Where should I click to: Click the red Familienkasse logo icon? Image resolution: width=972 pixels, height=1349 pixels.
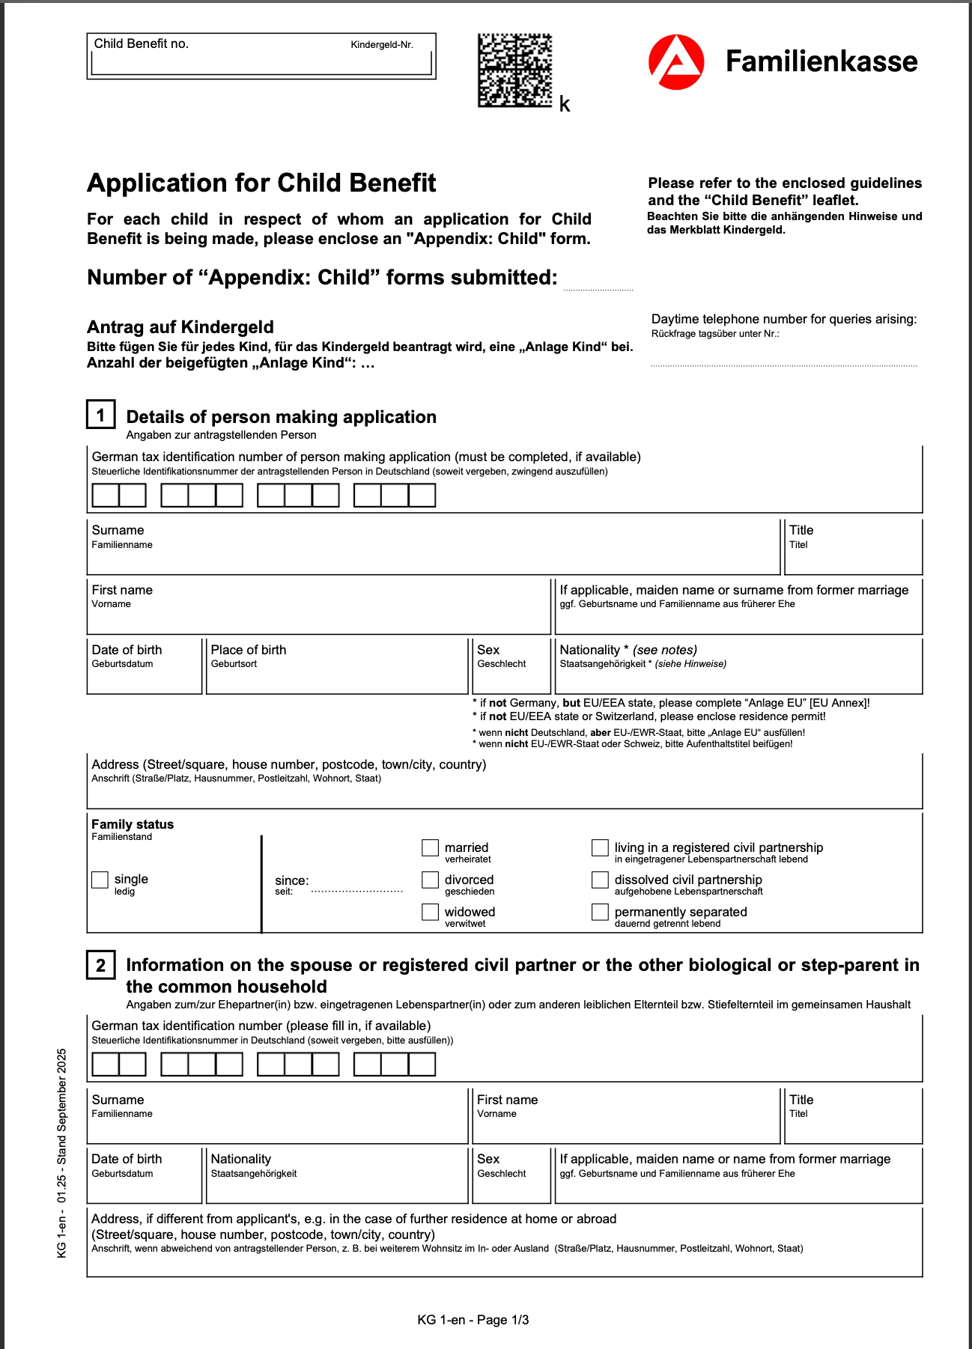675,62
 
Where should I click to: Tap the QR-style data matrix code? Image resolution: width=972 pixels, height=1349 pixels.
515,70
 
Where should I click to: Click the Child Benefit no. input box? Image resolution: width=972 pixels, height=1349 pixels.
261,64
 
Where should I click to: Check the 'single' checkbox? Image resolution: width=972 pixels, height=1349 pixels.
100,880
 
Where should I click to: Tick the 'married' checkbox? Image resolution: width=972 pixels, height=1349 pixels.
430,847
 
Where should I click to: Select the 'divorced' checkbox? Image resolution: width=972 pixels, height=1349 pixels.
430,880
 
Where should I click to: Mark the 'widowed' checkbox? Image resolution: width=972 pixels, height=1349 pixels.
430,912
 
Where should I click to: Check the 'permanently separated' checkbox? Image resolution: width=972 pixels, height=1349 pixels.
600,912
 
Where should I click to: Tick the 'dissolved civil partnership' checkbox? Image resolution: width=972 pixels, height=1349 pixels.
600,880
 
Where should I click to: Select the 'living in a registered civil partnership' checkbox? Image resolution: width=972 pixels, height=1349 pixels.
600,847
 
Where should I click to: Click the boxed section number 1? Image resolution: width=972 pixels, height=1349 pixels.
101,415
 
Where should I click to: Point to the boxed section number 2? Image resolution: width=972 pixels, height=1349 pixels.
101,965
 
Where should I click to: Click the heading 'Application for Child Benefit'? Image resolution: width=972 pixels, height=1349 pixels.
261,183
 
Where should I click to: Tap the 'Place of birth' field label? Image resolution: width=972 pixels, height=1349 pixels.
248,650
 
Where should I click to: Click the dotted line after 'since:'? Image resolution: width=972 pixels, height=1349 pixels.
357,890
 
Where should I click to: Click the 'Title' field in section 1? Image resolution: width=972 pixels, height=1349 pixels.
852,554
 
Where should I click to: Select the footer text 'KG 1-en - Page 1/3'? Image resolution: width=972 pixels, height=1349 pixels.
473,1320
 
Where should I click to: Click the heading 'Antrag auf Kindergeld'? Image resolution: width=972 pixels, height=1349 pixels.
180,327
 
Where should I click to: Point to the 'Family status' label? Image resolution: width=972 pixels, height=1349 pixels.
133,824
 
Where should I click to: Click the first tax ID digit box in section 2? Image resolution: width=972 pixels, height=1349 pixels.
106,1065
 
